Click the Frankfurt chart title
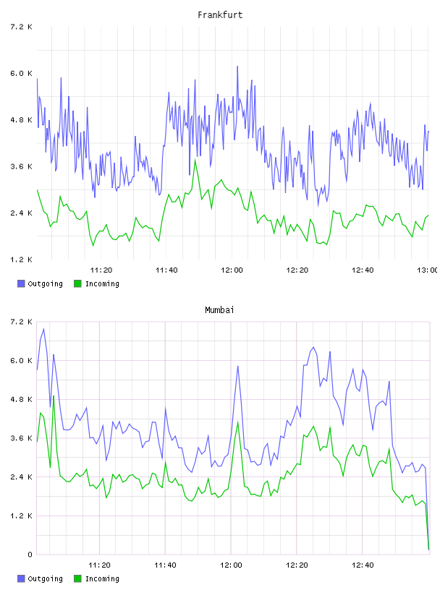point(220,14)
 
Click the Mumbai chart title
point(219,309)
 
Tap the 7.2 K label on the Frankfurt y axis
point(21,27)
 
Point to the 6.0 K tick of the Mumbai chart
point(21,361)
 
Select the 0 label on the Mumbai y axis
point(30,555)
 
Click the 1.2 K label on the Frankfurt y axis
point(21,260)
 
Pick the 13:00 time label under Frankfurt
point(427,270)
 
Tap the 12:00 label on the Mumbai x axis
point(231,565)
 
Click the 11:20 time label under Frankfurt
point(101,270)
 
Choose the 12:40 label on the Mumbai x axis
point(363,565)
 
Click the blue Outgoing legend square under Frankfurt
point(21,283)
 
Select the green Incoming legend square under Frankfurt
point(77,283)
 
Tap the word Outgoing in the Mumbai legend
point(45,578)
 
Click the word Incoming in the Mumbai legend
point(102,578)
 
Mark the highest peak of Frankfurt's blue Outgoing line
point(237,67)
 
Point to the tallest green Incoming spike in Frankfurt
point(195,160)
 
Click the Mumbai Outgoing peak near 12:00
point(237,366)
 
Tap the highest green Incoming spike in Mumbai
point(54,396)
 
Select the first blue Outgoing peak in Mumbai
point(43,328)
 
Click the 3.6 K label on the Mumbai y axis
point(21,438)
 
